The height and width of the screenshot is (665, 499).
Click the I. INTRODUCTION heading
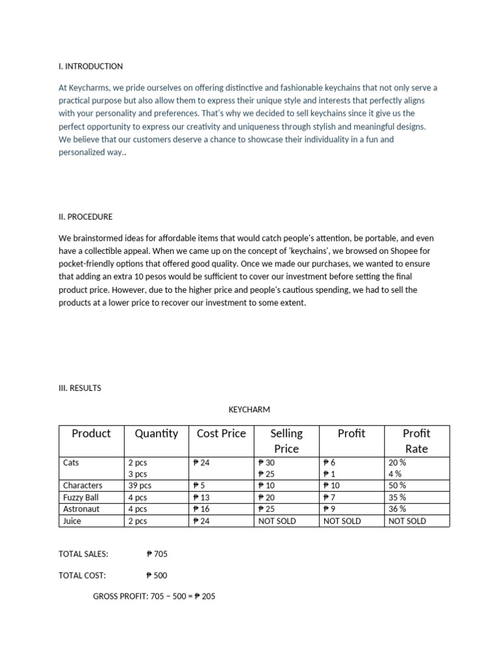(90, 66)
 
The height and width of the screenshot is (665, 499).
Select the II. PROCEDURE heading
(85, 217)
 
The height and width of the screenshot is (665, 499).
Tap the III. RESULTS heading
(80, 388)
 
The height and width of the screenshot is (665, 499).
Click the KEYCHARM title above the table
(249, 410)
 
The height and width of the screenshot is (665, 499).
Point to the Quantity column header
(156, 434)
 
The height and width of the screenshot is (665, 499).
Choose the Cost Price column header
(221, 434)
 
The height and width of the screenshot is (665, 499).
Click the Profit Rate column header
(416, 441)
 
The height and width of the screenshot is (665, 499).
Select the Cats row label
(71, 463)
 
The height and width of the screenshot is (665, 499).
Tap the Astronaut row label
(81, 509)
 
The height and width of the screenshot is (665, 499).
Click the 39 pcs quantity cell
(140, 486)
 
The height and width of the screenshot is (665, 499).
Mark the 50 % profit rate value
(398, 486)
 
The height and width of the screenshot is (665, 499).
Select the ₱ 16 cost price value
(201, 509)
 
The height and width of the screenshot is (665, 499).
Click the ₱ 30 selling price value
(267, 463)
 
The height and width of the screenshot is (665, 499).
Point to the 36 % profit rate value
(398, 509)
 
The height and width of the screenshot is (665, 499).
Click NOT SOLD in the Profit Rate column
(407, 521)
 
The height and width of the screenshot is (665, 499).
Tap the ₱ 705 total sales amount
(157, 554)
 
